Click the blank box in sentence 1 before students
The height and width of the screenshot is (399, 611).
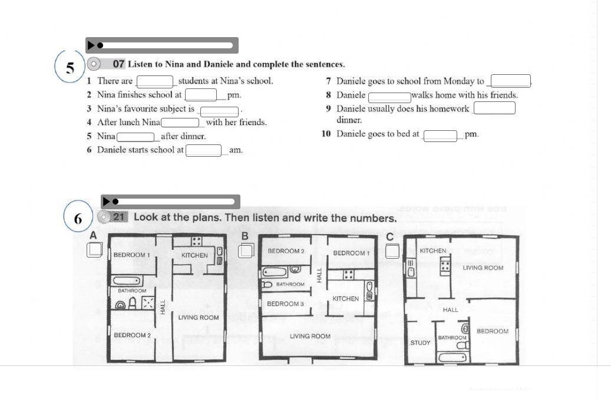coord(155,81)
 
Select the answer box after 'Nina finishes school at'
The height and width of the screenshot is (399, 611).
coord(202,95)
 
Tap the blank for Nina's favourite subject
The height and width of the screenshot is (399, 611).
coord(219,111)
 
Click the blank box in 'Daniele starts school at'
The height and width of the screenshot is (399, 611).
coord(204,150)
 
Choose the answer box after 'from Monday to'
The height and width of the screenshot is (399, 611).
coord(510,81)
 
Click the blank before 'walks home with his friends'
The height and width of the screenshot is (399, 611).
coord(389,97)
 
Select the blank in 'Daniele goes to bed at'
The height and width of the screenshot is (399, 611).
coord(440,136)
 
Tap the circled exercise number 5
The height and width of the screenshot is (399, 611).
coord(70,68)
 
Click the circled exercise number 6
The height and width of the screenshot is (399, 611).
coord(78,219)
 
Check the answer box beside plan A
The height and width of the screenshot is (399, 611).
coord(94,250)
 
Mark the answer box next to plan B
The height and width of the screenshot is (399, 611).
coord(246,250)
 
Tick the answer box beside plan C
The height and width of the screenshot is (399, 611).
coord(392,252)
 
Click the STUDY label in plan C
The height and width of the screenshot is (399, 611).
coord(420,342)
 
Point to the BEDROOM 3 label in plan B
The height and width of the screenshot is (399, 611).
coord(285,304)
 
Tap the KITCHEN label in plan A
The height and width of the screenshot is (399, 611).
coord(194,255)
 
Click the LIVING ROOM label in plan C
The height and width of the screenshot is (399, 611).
coord(483,268)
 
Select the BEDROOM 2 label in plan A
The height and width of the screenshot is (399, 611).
coord(132,335)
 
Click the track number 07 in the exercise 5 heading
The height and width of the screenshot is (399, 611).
coord(118,64)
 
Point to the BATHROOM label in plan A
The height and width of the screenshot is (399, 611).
coord(132,291)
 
